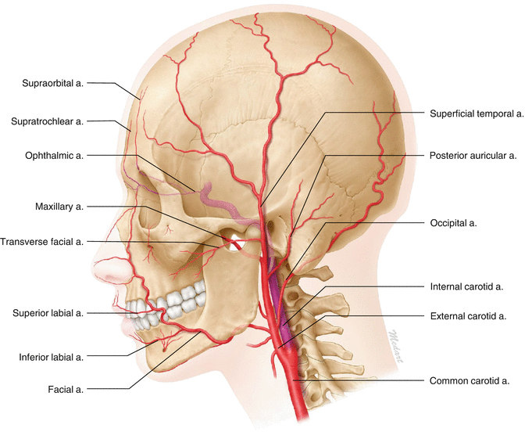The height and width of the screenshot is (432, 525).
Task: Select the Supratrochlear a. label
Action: pyautogui.click(x=48, y=121)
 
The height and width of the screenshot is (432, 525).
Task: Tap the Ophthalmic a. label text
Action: pyautogui.click(x=53, y=156)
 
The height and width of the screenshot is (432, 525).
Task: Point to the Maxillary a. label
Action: pyautogui.click(x=59, y=207)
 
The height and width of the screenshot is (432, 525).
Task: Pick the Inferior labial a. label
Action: pyautogui.click(x=51, y=358)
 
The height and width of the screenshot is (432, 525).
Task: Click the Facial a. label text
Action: pyautogui.click(x=67, y=387)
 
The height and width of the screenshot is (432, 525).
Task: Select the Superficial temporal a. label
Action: pyautogui.click(x=476, y=113)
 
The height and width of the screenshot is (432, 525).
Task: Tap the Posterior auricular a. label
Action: pyautogui.click(x=473, y=156)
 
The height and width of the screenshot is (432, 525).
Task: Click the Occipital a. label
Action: pyautogui.click(x=453, y=223)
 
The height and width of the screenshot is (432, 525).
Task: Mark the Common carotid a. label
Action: pyautogui.click(x=470, y=381)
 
